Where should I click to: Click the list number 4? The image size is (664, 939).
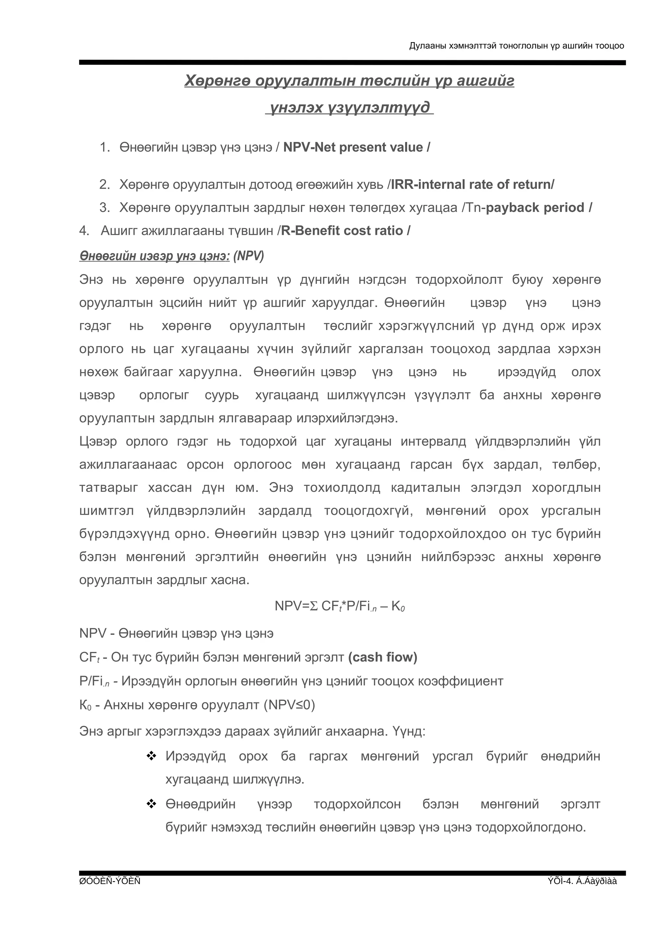coord(84,231)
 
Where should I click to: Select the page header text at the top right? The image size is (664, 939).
coord(516,46)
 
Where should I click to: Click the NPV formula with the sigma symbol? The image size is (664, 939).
coord(339,606)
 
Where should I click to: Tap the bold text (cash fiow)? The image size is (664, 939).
coord(383,657)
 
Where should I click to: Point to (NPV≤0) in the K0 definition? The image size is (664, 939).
coord(289,705)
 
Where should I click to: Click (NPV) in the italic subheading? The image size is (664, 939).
coord(248,256)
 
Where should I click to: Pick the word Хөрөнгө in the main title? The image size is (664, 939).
coord(217,81)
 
